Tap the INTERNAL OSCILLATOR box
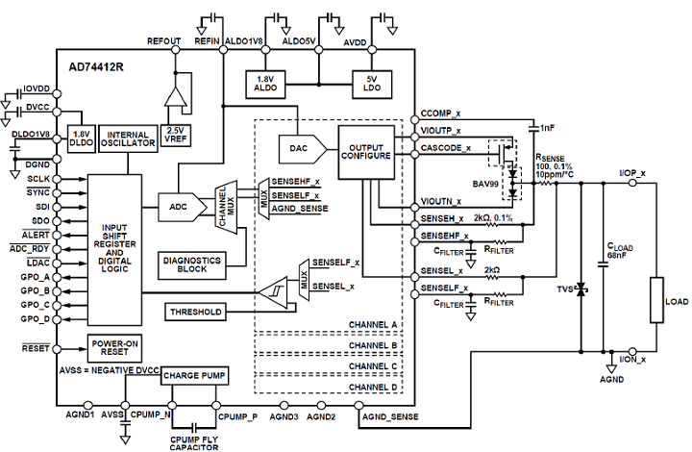pos(128,139)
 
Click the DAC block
pos(298,147)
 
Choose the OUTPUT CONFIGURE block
pos(366,148)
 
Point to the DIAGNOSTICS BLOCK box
pos(192,264)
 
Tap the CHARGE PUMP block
pos(193,376)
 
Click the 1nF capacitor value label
pos(547,127)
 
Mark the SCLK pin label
pos(38,179)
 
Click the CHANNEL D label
pos(374,387)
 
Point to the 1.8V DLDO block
pos(83,139)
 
